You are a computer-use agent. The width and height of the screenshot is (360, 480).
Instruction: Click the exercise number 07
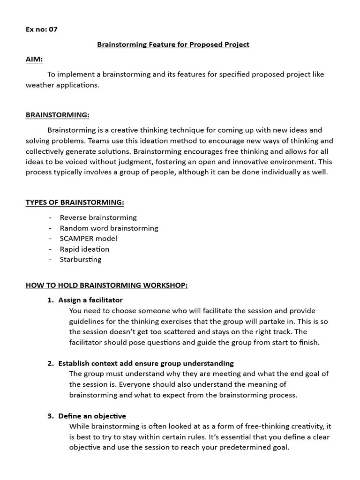pos(53,29)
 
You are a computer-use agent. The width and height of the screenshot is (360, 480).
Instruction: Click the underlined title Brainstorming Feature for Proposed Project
pos(173,45)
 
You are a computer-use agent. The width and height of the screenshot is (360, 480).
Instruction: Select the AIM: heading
pos(34,60)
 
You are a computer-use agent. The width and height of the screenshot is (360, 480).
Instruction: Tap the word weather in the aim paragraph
pos(39,85)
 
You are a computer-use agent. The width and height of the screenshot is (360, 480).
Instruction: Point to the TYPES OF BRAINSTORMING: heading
pos(75,202)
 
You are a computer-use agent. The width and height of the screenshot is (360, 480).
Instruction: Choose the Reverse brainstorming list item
pos(98,217)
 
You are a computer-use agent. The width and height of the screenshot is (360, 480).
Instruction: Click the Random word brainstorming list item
pos(109,228)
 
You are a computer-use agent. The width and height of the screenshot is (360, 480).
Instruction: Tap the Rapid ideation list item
pos(84,249)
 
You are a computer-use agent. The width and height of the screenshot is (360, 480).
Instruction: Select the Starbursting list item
pos(80,259)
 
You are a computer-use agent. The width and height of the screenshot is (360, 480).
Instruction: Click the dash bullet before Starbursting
pos(50,259)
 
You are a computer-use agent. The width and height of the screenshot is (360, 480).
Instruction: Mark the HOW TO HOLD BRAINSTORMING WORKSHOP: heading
pos(106,285)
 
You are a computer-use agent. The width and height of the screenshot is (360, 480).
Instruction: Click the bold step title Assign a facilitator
pos(90,300)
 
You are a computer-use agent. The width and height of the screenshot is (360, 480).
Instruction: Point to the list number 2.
pos(50,363)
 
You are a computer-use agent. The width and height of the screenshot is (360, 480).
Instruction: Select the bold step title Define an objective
pos(92,416)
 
